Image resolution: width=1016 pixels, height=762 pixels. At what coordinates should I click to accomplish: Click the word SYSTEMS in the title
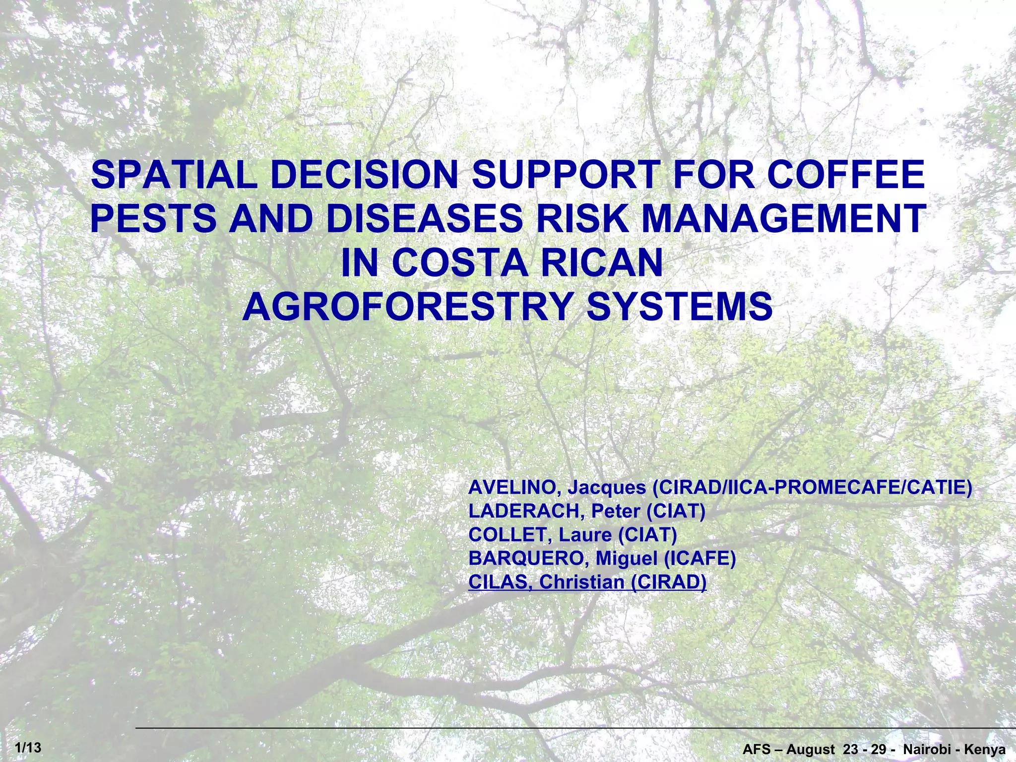(x=680, y=307)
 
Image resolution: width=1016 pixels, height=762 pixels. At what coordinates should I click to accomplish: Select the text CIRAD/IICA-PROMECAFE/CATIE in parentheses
(x=812, y=488)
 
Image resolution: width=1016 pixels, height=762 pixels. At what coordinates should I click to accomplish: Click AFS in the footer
(x=756, y=750)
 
